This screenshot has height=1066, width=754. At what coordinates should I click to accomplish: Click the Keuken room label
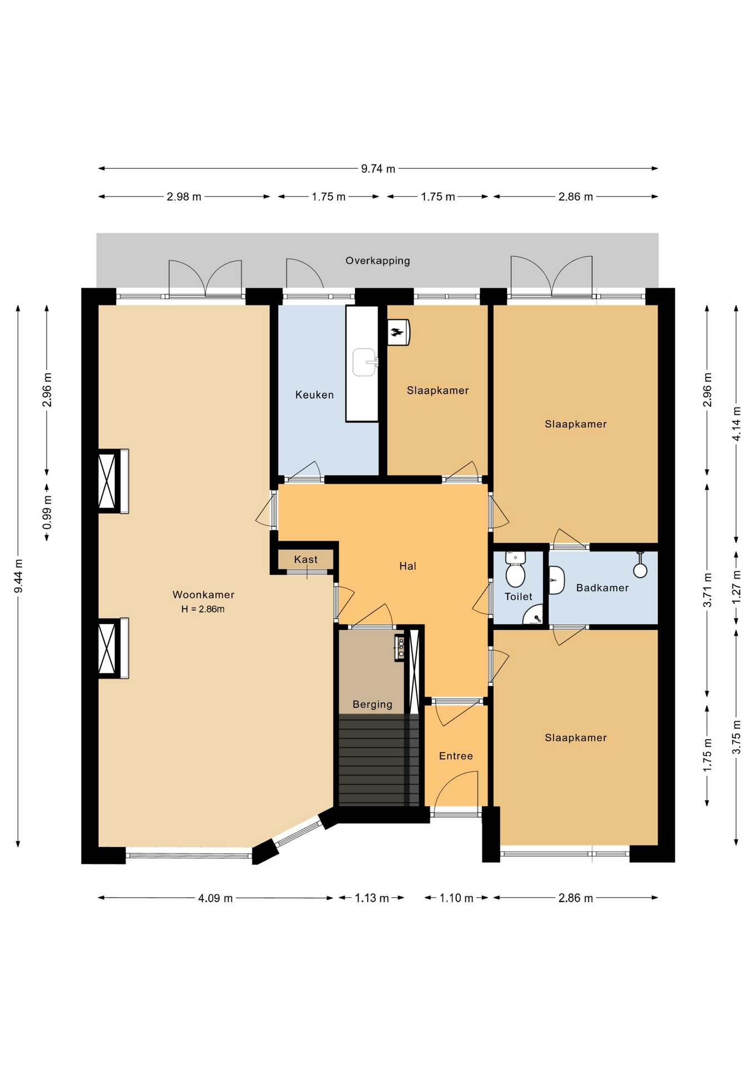[x=314, y=395]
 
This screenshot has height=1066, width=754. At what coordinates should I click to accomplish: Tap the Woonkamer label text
[x=203, y=595]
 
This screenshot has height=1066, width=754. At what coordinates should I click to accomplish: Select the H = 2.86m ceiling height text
[x=203, y=609]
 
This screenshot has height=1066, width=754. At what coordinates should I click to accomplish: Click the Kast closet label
[x=306, y=559]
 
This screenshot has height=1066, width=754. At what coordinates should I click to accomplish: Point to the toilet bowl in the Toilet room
[x=516, y=575]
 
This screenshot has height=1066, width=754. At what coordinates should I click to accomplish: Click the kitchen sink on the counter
[x=364, y=362]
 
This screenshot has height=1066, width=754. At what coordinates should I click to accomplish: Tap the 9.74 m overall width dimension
[x=378, y=169]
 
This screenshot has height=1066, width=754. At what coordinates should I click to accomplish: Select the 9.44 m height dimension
[x=18, y=575]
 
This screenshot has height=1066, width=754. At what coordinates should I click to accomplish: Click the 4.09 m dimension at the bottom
[x=215, y=898]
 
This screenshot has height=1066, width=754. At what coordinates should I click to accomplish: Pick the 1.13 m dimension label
[x=372, y=898]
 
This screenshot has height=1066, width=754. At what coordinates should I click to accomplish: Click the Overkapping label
[x=378, y=260]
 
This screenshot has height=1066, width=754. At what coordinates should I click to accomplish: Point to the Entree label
[x=456, y=756]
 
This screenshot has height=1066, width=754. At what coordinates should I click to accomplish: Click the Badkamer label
[x=602, y=587]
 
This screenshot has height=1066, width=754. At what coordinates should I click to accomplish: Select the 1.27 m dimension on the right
[x=737, y=587]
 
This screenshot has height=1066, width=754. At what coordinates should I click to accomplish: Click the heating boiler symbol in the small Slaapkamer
[x=398, y=332]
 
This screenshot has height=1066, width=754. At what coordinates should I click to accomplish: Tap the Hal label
[x=408, y=566]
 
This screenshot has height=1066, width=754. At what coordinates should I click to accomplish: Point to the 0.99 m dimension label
[x=47, y=511]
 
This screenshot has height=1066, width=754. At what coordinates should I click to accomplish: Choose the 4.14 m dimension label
[x=737, y=424]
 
